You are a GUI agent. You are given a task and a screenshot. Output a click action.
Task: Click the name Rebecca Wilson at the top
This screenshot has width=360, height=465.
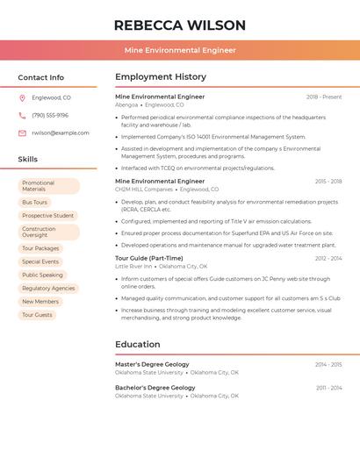point(180,25)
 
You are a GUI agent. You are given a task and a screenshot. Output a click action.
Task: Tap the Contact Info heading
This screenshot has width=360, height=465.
point(41,77)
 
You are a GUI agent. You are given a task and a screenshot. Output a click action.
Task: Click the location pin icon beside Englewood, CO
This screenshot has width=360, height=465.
point(22,97)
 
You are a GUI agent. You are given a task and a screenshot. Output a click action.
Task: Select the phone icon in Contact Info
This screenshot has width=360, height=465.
point(22,115)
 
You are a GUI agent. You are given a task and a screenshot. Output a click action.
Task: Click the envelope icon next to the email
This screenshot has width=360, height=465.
point(22,133)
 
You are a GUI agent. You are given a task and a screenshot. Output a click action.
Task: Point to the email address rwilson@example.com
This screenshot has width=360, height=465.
point(61,133)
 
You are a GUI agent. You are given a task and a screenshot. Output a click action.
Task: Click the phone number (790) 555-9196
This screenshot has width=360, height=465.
point(50,115)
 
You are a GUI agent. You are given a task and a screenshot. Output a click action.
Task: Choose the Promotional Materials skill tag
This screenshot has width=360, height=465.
point(48,186)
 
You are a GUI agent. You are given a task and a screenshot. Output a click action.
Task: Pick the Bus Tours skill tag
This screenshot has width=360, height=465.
point(35,203)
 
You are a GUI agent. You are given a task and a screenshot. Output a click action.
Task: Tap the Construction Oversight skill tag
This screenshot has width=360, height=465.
point(48,232)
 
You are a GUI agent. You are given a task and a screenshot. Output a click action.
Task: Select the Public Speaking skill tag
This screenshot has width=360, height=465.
point(42,275)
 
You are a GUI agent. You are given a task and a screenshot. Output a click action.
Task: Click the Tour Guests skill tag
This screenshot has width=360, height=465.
point(37,314)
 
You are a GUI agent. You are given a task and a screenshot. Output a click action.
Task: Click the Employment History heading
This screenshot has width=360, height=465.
point(161,77)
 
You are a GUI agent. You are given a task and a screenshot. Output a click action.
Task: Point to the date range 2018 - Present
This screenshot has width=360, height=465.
point(324,97)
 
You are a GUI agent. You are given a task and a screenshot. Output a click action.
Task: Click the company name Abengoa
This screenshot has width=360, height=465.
point(126,104)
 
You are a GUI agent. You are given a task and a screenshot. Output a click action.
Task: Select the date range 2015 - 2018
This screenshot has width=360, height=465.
point(328,182)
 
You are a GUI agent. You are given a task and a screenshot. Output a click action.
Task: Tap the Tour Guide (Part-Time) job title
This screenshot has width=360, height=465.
point(149,258)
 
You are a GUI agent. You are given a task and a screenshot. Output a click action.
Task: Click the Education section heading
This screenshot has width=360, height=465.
point(138,345)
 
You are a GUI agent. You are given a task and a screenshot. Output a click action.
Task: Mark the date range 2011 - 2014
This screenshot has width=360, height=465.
point(329,388)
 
